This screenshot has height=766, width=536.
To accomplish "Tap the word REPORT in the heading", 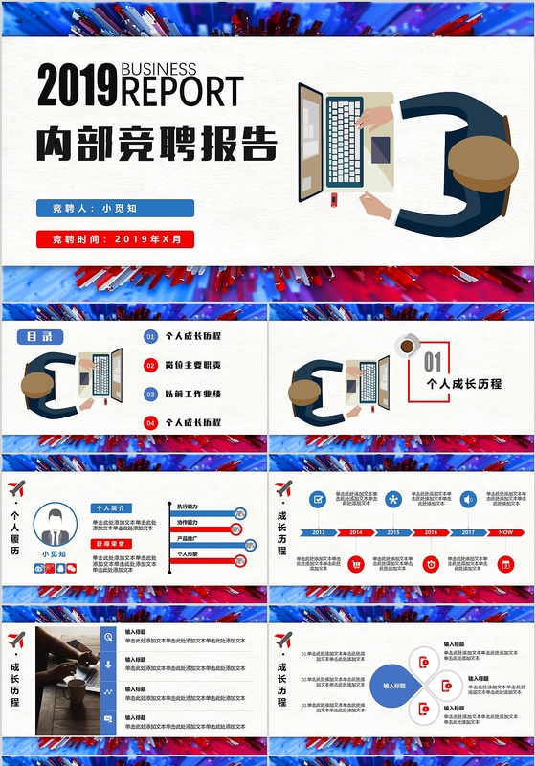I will pos(181,93).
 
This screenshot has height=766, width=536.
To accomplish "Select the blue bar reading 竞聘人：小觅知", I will pos(115,208).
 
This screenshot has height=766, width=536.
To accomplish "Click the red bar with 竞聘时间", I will pos(115,239).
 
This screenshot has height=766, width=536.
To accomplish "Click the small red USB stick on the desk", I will pos(334,199).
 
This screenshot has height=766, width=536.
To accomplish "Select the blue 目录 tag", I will pos(40,337).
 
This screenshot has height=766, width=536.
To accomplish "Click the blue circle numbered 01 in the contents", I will pos(150,337).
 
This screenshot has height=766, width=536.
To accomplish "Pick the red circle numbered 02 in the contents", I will pos(150,365).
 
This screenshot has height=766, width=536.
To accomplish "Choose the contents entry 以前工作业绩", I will pos(192,394).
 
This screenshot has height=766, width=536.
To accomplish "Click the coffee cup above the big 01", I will pos(408,345).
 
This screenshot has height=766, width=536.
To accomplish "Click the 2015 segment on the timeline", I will pos(393,532).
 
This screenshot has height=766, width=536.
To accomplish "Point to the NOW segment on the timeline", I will pos(505,532).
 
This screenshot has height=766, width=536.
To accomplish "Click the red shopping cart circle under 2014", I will pos(356,564).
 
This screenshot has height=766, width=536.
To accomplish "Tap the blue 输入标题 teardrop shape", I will pos(393,686).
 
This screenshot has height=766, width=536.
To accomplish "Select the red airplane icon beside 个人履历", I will pos(15,489).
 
